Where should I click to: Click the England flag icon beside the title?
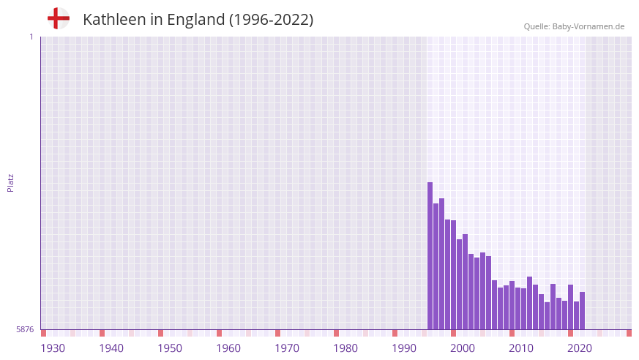tap(58, 18)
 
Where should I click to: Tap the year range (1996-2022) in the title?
tap(272, 20)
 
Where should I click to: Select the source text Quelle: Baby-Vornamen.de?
tap(574, 26)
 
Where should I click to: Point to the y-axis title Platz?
tap(10, 182)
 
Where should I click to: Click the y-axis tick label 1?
tap(31, 37)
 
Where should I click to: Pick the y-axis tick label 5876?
tap(25, 329)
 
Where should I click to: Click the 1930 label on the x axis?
tap(53, 348)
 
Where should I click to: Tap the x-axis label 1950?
tap(170, 348)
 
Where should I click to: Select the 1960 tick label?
tap(228, 348)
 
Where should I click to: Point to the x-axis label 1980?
tap(345, 348)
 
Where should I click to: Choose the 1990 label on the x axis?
tap(404, 348)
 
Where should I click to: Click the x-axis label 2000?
tap(463, 348)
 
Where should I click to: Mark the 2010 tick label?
tap(521, 348)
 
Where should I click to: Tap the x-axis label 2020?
tap(580, 348)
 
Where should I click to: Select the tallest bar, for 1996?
tap(430, 256)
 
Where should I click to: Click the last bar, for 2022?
tap(583, 311)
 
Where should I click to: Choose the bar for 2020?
tap(571, 307)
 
